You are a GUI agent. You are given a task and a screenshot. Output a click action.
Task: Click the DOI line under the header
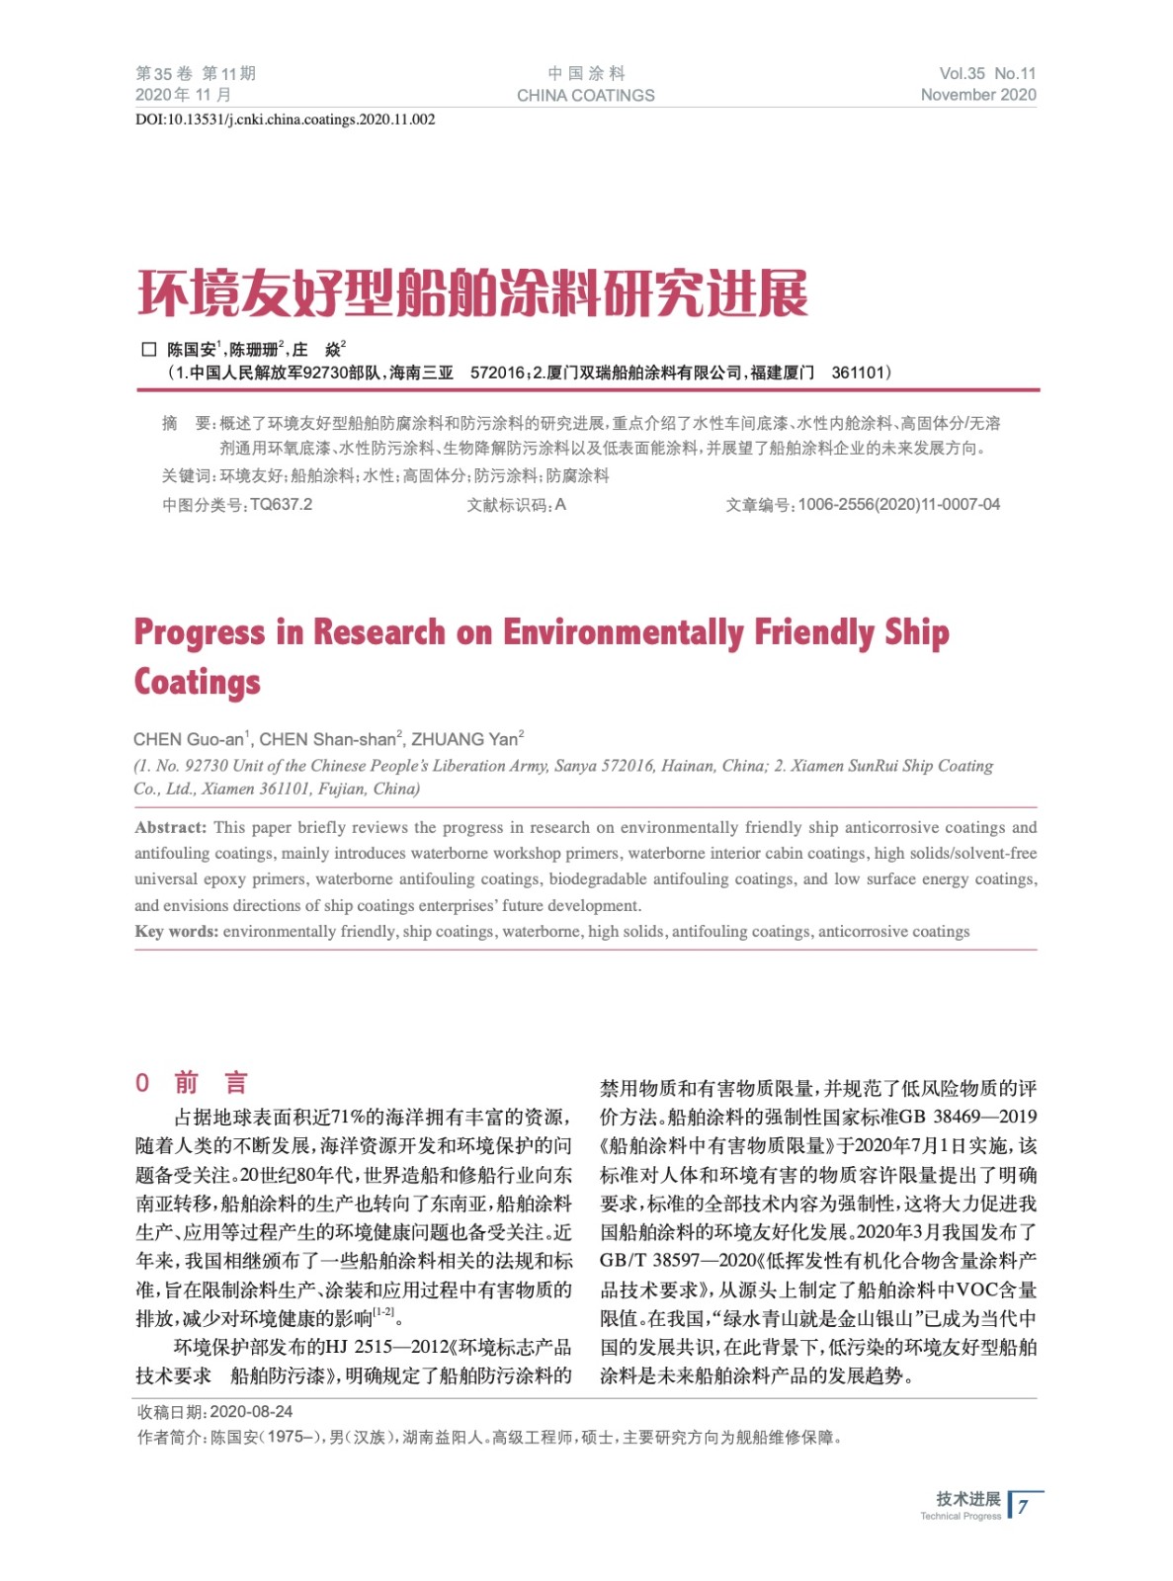[285, 120]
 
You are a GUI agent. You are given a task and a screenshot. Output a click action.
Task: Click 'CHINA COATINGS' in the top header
[585, 96]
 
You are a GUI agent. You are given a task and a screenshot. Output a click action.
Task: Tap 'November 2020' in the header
[977, 95]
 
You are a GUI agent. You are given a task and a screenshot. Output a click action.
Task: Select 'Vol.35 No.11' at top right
[986, 73]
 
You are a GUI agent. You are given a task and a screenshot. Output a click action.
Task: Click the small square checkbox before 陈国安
[149, 349]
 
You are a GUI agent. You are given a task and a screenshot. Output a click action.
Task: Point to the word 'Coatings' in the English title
[198, 683]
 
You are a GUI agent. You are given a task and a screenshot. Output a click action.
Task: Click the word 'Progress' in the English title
[200, 632]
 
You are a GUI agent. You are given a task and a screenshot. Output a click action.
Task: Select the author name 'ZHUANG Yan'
[464, 739]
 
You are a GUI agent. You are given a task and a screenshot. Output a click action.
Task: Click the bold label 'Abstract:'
[171, 828]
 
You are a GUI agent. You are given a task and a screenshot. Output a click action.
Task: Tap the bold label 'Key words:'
[176, 932]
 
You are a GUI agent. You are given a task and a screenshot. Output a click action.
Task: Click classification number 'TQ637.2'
[281, 505]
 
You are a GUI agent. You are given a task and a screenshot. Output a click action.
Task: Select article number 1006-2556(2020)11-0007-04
[898, 505]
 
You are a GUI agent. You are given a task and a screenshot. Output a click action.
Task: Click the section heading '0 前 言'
[192, 1083]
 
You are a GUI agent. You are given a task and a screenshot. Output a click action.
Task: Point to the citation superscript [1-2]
[383, 1312]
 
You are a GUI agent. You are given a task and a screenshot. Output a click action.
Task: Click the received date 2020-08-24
[251, 1412]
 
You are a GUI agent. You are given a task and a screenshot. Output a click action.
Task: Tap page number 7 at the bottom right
[1024, 1507]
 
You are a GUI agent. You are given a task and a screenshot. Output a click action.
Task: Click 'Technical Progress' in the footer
[960, 1517]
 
